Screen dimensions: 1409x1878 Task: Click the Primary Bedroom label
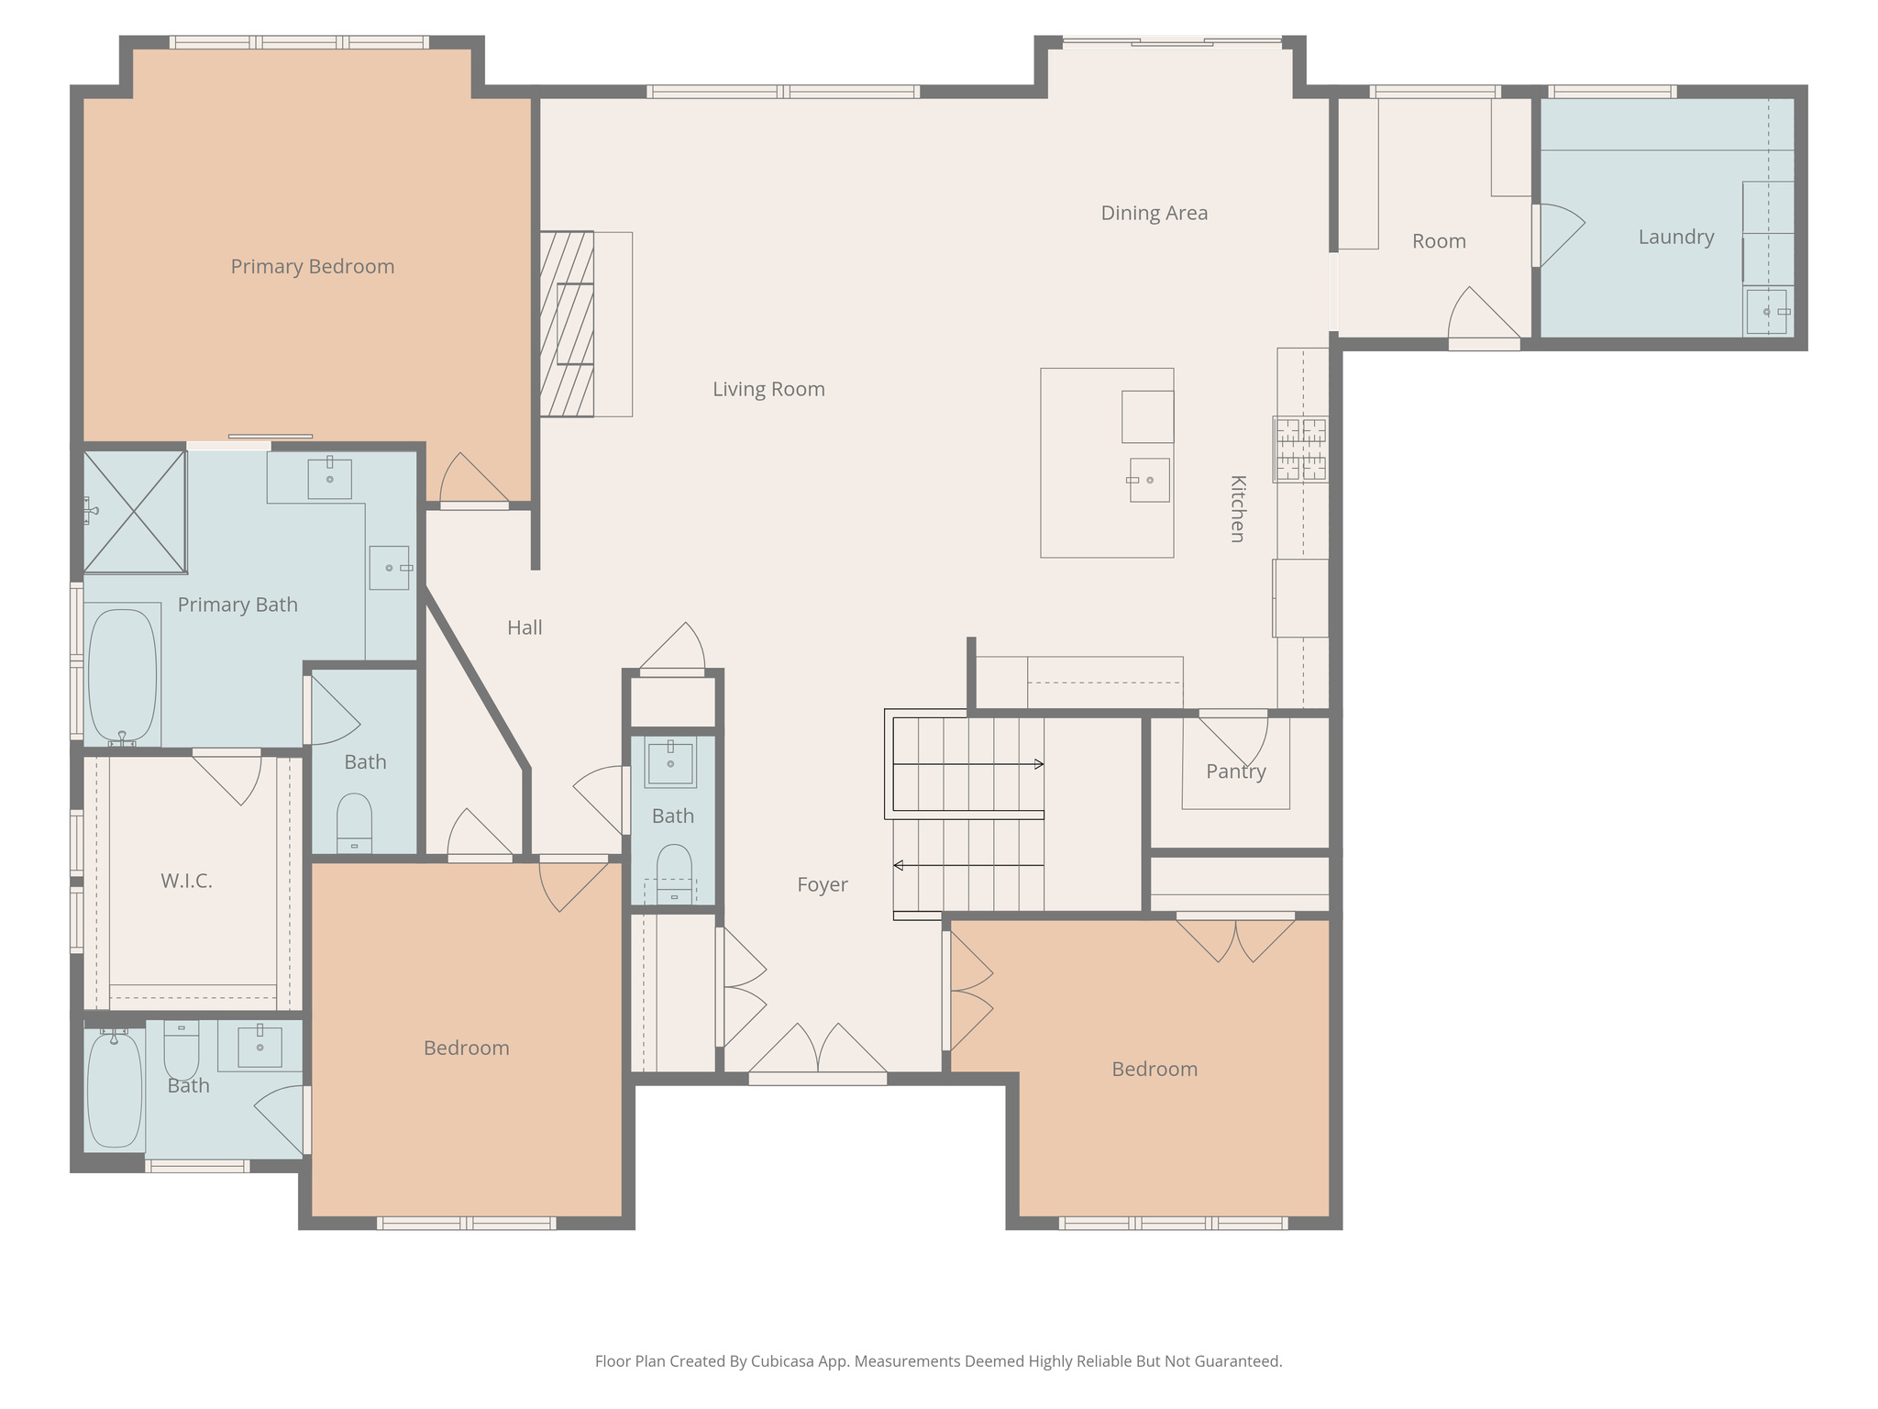pos(312,266)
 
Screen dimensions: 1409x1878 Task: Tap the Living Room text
pos(768,389)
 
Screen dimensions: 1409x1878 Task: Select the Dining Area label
pos(1154,213)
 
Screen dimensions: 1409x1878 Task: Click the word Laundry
pos(1675,237)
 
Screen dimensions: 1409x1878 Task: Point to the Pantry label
pos(1235,771)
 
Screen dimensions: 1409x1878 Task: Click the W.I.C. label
pos(186,881)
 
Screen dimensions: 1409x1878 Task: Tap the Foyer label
pos(822,884)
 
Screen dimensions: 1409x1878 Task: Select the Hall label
pos(525,627)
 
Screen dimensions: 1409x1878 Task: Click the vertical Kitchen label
pos(1237,509)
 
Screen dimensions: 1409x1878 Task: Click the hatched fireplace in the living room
pos(567,324)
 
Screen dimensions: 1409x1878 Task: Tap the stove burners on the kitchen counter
pos(1300,449)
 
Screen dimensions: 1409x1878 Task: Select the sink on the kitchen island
pos(1149,480)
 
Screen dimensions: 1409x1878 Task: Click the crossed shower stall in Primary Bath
pos(135,512)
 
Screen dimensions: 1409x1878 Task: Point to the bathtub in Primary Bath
pos(122,676)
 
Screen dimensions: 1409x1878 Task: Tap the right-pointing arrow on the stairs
pos(1038,764)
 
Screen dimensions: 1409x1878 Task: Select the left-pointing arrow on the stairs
pos(900,865)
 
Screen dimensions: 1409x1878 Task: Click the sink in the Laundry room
pos(1767,312)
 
